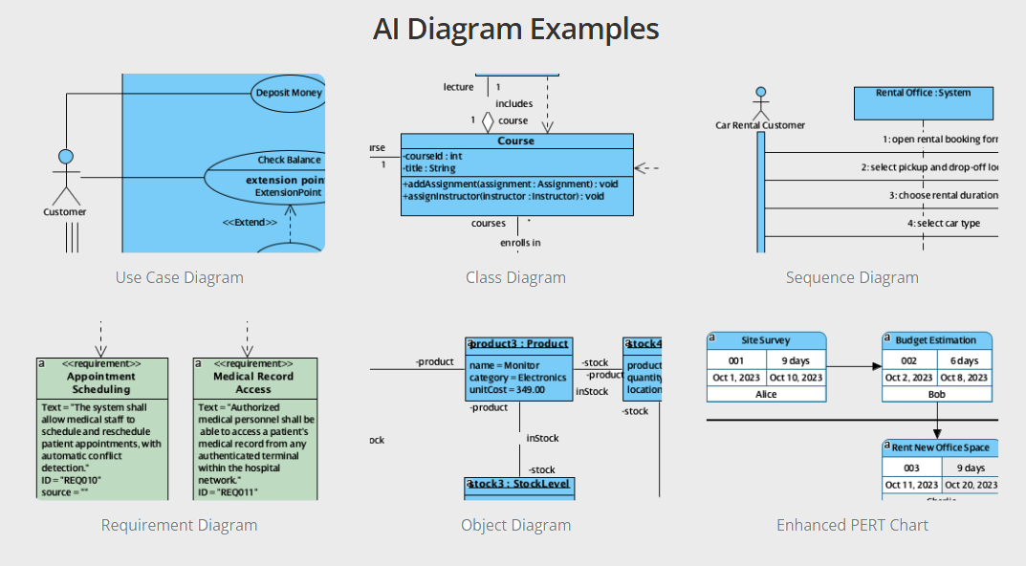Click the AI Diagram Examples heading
coord(515,29)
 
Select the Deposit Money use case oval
coord(288,94)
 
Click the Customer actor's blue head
coord(66,157)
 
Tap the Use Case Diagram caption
coord(180,278)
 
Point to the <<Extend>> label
coord(250,223)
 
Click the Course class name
coord(516,141)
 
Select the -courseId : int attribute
coord(433,156)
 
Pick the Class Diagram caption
coord(515,278)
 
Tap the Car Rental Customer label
coord(760,125)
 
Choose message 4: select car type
coord(943,224)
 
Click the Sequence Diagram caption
coord(852,278)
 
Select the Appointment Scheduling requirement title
coord(101,382)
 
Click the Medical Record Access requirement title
coord(253,382)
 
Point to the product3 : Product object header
coord(518,344)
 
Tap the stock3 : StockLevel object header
coord(519,484)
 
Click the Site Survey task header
coord(766,340)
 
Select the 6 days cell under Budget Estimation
coord(964,360)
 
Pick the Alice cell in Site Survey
coord(766,394)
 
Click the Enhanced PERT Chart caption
coord(852,525)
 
